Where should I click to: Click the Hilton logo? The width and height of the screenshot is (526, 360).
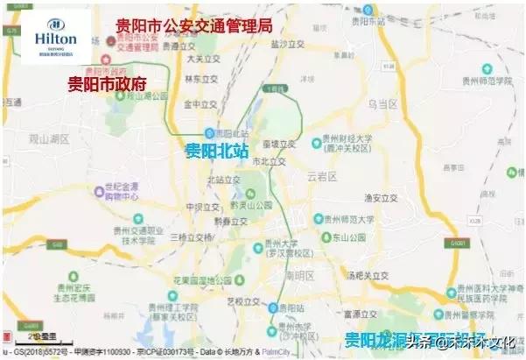(x=56, y=38)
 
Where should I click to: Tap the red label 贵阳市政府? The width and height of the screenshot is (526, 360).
(x=107, y=84)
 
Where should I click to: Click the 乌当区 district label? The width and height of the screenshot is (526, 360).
(x=382, y=104)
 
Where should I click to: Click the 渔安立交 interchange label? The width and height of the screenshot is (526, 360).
(x=382, y=197)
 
